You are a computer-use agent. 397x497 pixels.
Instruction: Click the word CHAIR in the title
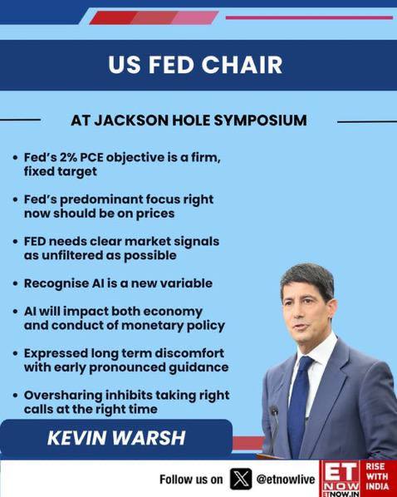tap(242, 65)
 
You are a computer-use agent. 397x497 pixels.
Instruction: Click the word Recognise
tap(56, 284)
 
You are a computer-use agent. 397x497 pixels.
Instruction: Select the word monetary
tap(152, 326)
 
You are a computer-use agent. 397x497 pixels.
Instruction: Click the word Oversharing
tap(63, 396)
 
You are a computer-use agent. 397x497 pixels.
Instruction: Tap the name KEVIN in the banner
tap(77, 438)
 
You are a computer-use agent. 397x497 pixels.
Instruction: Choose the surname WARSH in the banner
tap(149, 438)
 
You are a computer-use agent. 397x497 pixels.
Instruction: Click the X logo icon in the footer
tap(241, 479)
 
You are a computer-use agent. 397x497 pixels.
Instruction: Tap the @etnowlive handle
tap(285, 480)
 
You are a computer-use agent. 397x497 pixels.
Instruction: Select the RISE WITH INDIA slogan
tap(377, 476)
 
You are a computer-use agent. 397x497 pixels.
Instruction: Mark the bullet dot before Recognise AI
tap(15, 284)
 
